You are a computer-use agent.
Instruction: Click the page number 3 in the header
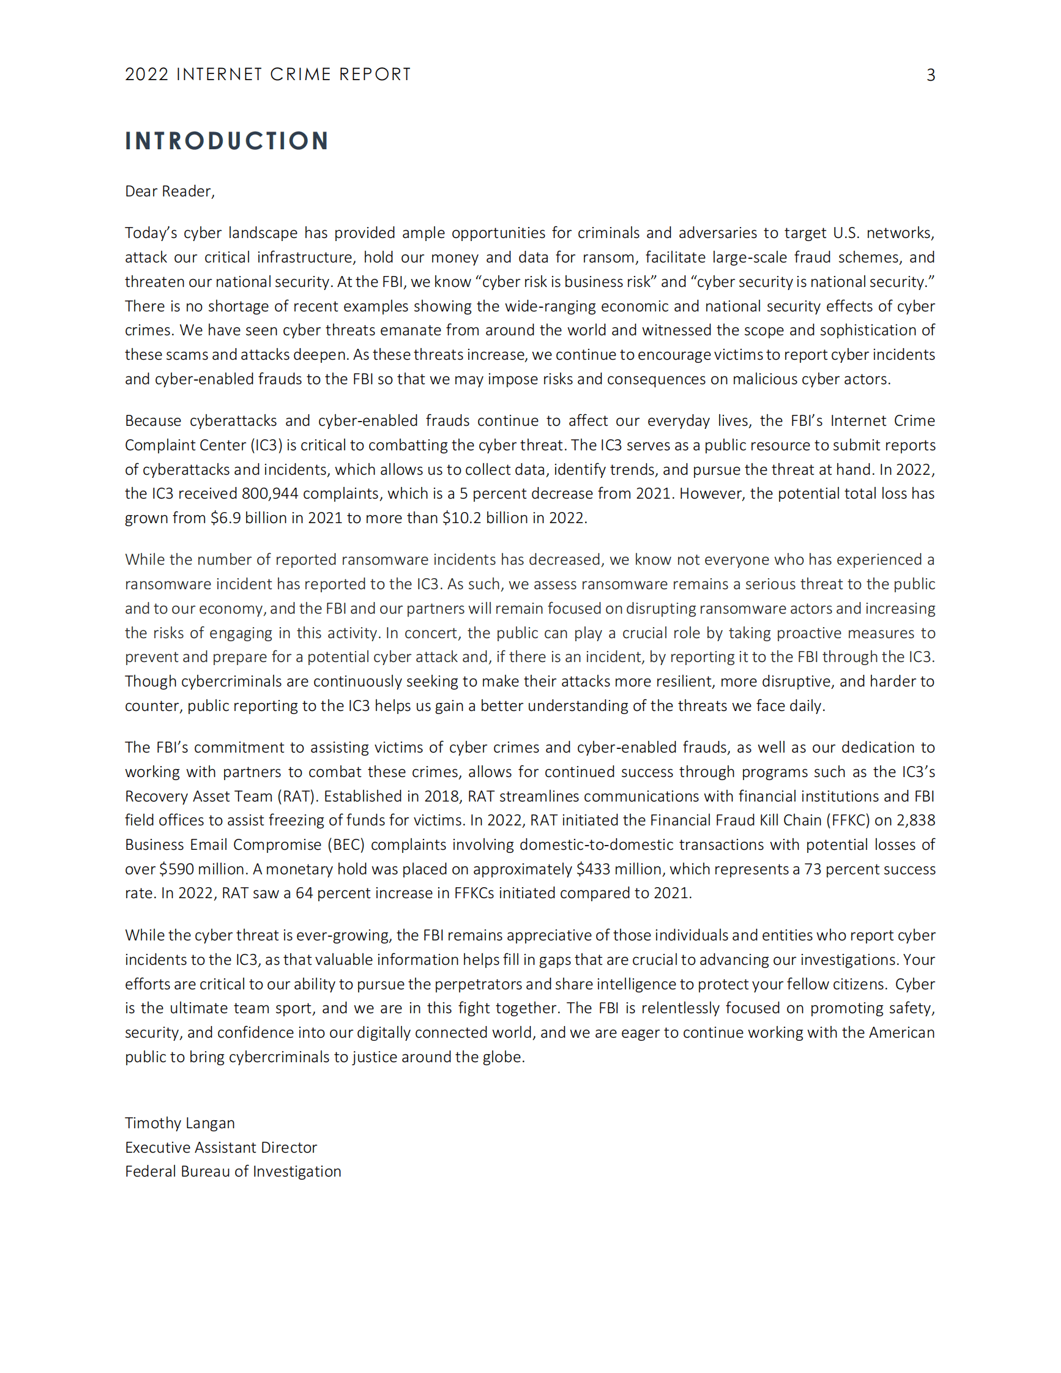(x=930, y=75)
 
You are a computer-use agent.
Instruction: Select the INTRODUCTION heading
(x=227, y=141)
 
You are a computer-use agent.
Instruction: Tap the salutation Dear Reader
(x=169, y=192)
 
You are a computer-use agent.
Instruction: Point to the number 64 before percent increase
(x=304, y=893)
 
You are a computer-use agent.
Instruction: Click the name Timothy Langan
(x=180, y=1123)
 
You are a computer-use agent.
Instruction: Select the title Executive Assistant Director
(x=221, y=1148)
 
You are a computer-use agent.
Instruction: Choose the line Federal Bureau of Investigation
(x=233, y=1172)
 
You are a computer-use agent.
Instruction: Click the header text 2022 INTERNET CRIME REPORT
(x=268, y=75)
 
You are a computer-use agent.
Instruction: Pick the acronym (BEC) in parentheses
(x=346, y=845)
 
